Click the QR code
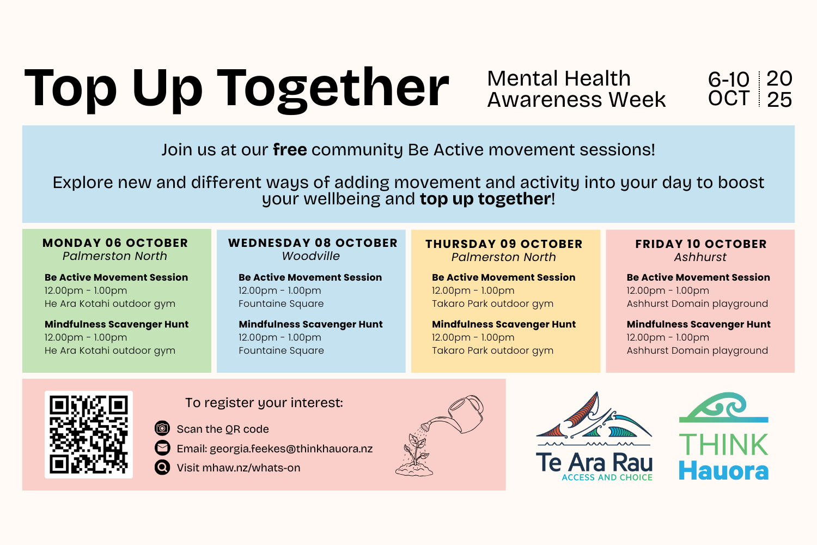(x=89, y=434)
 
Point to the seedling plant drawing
(x=414, y=455)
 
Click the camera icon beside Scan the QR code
(x=162, y=428)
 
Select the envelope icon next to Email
(x=162, y=447)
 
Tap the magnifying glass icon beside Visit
(x=162, y=467)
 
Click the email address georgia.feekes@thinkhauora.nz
(x=291, y=449)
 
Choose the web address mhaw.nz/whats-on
(x=251, y=468)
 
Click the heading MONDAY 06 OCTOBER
(x=115, y=243)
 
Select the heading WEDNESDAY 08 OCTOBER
(x=313, y=243)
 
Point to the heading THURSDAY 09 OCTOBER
(x=504, y=244)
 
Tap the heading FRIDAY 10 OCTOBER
(x=701, y=244)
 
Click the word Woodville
(x=311, y=256)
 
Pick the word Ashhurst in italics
(x=700, y=257)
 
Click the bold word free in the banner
(x=290, y=150)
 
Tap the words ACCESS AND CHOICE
(x=607, y=477)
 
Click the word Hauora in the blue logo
(x=724, y=471)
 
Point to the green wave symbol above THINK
(x=724, y=408)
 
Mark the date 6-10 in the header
(x=728, y=79)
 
